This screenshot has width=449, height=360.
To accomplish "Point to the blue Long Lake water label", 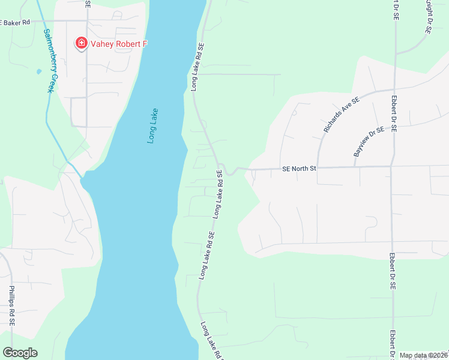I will [x=153, y=125].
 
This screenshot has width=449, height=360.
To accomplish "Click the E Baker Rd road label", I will [x=15, y=22].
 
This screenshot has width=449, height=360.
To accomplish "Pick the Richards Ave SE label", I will [x=340, y=114].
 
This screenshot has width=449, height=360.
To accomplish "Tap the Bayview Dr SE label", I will [x=368, y=142].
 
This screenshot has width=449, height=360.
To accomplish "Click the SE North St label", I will [x=299, y=169].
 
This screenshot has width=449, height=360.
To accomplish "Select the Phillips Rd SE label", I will [x=12, y=306].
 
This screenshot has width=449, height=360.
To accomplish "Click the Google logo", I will [x=20, y=353].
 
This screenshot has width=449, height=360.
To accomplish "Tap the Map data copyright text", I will [x=423, y=355].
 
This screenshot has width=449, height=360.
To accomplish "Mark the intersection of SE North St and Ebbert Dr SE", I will [x=391, y=166].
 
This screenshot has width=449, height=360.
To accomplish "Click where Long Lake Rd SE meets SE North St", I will [x=222, y=167].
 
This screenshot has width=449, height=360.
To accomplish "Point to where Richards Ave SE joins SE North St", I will [x=318, y=167].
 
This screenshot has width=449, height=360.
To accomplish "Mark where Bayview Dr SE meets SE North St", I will [x=354, y=167].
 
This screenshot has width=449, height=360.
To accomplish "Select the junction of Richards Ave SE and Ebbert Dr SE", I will [x=394, y=89].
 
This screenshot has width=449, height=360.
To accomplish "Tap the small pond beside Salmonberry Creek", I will [x=38, y=71].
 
